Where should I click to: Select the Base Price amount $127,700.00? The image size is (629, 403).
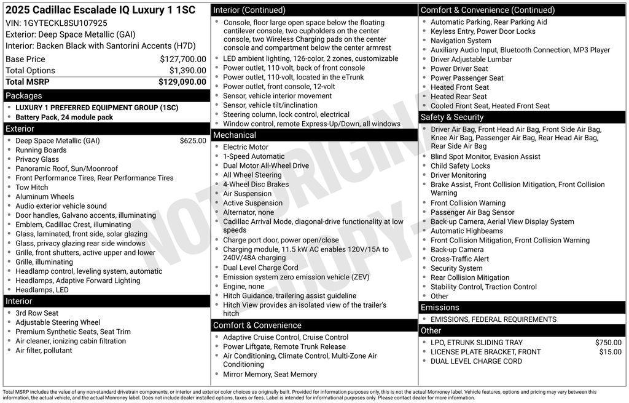coord(182,59)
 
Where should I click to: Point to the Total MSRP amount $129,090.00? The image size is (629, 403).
coord(182,81)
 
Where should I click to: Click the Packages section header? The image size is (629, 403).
coord(24,96)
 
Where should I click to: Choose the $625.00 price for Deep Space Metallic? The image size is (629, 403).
coord(193,141)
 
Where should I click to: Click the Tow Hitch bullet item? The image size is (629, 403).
coord(32,188)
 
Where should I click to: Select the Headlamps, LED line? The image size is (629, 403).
coord(42,290)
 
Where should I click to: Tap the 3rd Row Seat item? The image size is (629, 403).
coord(37,313)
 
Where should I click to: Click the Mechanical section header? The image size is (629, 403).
coord(234,135)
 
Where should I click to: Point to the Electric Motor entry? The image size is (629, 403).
coord(246,147)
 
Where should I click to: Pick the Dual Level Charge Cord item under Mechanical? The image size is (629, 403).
coord(260,268)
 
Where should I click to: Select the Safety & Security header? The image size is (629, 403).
coord(452,118)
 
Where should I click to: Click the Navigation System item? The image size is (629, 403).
coord(461,41)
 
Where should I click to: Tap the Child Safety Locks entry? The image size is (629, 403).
coord(461,166)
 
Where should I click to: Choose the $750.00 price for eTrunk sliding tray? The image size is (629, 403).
coord(608,343)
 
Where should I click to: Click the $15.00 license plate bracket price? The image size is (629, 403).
coord(610,352)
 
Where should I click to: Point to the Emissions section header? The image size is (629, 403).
coord(440,308)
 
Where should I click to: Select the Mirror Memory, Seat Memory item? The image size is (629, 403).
coord(270,374)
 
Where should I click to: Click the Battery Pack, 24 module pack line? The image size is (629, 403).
coord(64,118)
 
